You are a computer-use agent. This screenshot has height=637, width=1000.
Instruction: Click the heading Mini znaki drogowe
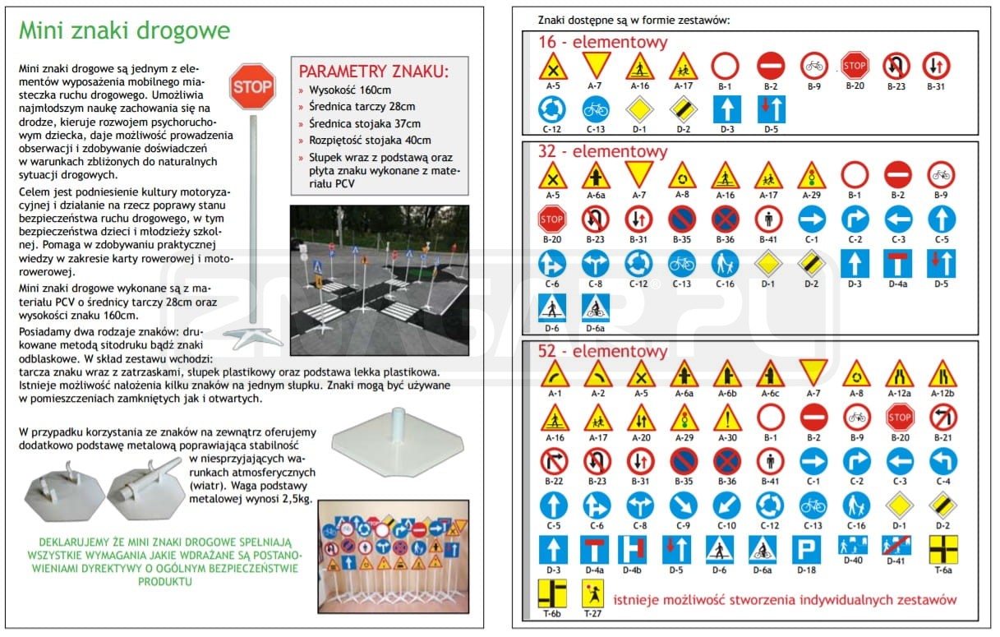124,31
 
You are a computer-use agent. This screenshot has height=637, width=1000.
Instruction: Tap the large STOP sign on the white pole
252,85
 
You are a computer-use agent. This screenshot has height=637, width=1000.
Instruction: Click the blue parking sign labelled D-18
805,548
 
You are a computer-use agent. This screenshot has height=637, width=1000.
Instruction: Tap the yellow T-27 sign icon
592,593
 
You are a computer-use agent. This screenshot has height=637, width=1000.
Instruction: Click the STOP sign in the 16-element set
855,65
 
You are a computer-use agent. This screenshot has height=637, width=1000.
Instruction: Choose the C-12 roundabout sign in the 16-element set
551,108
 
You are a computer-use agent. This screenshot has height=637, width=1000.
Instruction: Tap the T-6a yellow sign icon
942,548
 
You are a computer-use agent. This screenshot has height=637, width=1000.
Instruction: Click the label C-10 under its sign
726,526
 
